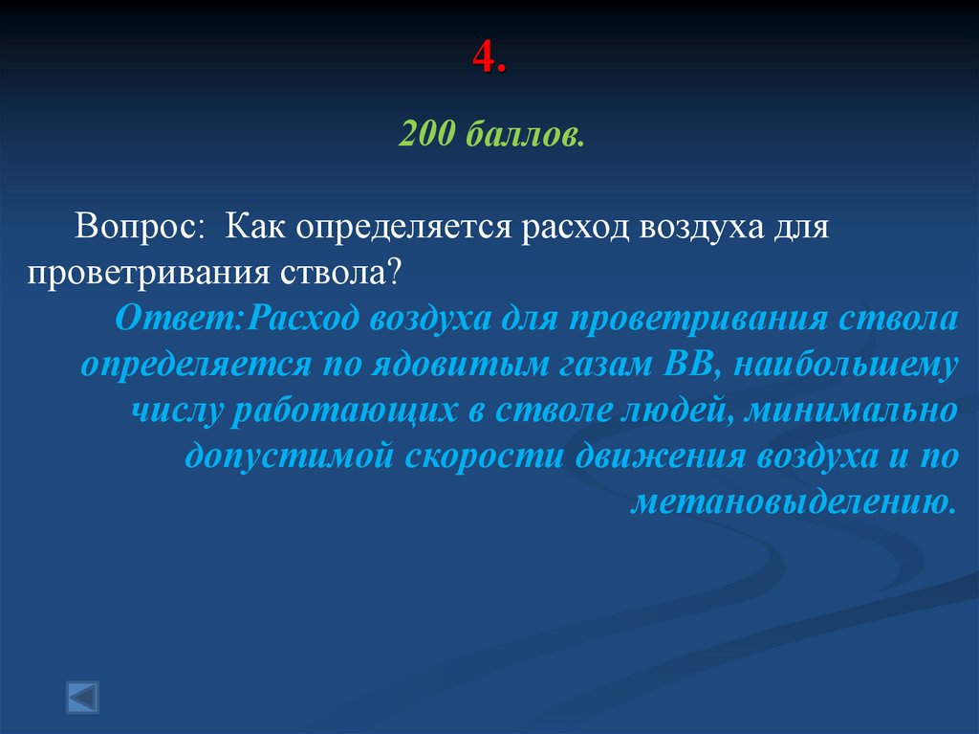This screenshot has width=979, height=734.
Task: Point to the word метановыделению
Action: click(x=793, y=502)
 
